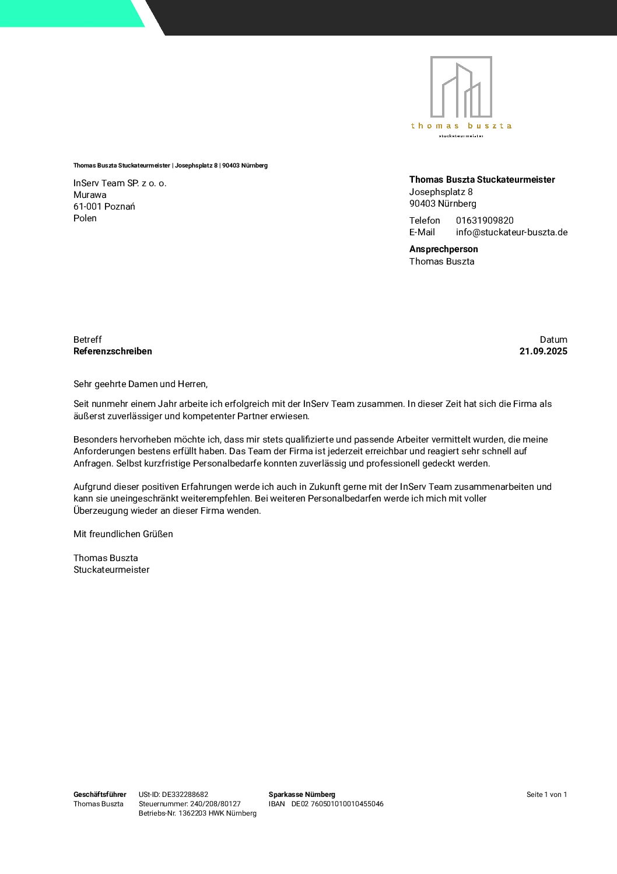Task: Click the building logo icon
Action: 461,87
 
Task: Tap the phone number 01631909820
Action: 485,221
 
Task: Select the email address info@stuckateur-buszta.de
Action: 511,232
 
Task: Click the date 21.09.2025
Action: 543,351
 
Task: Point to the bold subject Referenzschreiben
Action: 113,351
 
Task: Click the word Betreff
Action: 87,340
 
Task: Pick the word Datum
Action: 553,340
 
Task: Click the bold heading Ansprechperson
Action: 443,249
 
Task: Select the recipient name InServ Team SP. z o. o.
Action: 120,183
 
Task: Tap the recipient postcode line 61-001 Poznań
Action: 104,207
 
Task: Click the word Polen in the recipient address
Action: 85,218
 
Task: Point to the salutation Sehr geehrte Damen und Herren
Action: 141,384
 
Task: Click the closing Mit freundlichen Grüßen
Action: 123,534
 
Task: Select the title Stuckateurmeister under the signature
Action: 111,570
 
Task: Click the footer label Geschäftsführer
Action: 100,795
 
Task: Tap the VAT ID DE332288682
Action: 184,795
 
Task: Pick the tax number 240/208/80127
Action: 215,804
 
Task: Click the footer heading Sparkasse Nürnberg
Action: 302,795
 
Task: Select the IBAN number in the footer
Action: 338,804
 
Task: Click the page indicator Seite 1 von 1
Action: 546,795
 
